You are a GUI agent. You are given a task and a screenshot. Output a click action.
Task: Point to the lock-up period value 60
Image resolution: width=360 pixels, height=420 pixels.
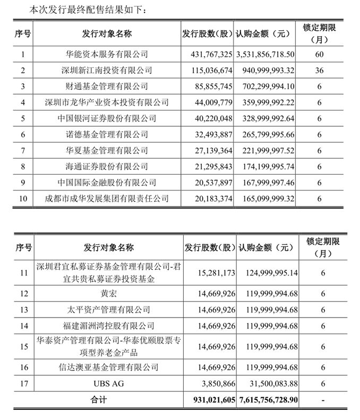319,54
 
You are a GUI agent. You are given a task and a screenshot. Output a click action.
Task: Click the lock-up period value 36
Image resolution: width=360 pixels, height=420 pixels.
319,70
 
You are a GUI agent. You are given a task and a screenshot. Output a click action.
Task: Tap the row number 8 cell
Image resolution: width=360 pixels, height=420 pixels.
23,166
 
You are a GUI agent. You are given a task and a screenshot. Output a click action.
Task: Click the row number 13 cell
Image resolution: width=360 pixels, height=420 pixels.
23,309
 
